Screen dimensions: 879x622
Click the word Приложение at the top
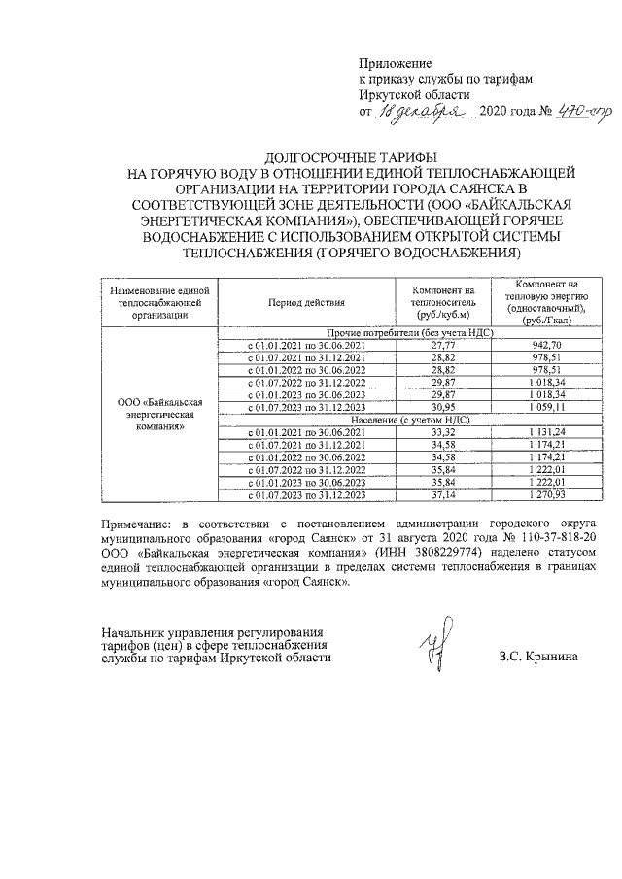point(395,62)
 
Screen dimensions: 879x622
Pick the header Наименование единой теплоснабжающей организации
point(160,301)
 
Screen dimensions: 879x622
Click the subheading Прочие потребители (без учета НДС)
point(399,332)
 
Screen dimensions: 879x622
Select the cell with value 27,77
point(443,345)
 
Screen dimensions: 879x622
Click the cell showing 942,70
point(548,345)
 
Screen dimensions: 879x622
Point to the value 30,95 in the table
point(443,408)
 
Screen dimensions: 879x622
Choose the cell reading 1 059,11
point(548,408)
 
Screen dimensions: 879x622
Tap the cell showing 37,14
point(443,496)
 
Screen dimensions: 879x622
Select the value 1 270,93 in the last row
point(548,496)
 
